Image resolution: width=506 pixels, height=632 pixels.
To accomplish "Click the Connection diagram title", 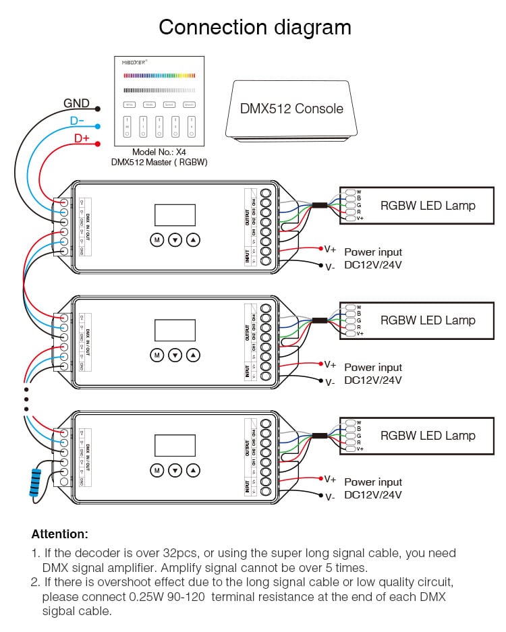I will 254,28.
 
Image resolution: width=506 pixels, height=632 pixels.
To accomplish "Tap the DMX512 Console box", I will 291,109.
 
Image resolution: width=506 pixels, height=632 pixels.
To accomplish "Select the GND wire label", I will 76,104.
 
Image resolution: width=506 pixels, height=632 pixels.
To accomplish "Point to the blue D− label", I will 77,121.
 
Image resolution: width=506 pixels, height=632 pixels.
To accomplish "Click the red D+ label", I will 81,138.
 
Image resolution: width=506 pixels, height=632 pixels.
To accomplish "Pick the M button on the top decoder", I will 157,239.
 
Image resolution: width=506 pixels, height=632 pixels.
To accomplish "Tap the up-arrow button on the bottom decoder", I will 194,469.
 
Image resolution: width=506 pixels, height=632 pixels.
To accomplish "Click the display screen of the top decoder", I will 175,215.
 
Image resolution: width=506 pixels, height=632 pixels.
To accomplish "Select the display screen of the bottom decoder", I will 175,445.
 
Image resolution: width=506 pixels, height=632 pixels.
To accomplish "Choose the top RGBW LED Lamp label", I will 428,206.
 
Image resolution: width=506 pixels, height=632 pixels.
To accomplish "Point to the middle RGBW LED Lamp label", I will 428,320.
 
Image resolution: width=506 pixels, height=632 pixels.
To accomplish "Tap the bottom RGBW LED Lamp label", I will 428,436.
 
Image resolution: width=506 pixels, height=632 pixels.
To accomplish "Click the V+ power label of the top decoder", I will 330,249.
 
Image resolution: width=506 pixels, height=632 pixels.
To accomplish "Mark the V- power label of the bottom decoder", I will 330,497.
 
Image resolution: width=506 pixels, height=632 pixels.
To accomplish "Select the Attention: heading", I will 59,534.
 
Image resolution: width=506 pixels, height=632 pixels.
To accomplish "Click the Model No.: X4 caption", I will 159,152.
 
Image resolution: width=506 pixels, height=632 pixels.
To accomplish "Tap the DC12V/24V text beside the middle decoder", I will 373,380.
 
